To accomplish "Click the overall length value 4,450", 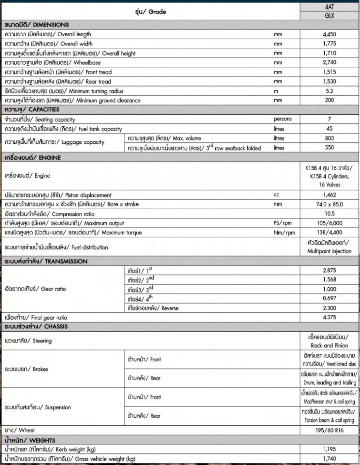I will (329, 34).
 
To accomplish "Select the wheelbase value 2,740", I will (329, 62).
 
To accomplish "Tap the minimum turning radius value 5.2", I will (329, 91).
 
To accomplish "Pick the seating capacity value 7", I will (329, 119).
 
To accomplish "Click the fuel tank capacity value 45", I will (329, 129).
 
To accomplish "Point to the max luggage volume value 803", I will (329, 138).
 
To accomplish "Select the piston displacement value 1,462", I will (329, 195).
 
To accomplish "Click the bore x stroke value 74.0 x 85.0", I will (329, 204).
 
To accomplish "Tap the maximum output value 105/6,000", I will (329, 223).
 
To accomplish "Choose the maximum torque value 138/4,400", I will (329, 232).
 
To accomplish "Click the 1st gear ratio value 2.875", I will (329, 270).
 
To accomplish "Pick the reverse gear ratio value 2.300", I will (329, 308).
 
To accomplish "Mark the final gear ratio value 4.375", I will (329, 317).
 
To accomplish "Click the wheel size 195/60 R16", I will (329, 430).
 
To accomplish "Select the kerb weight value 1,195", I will (329, 449).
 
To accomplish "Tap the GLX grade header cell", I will (329, 15).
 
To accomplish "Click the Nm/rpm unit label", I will (284, 233).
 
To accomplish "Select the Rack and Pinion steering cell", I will (329, 341).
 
